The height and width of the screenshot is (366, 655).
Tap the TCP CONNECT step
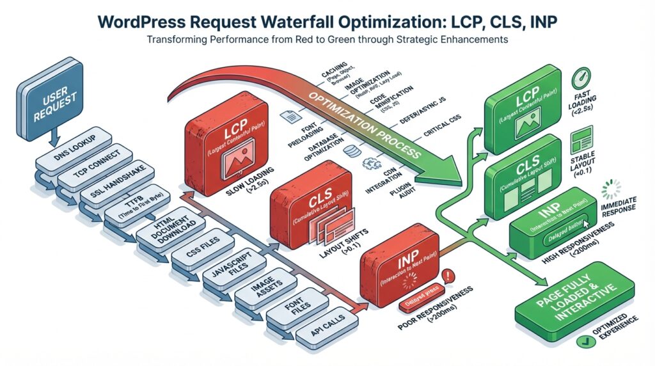[x=93, y=167]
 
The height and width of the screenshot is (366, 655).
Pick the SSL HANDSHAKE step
[x=114, y=189]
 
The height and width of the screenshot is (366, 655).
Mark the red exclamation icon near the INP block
[x=448, y=276]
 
